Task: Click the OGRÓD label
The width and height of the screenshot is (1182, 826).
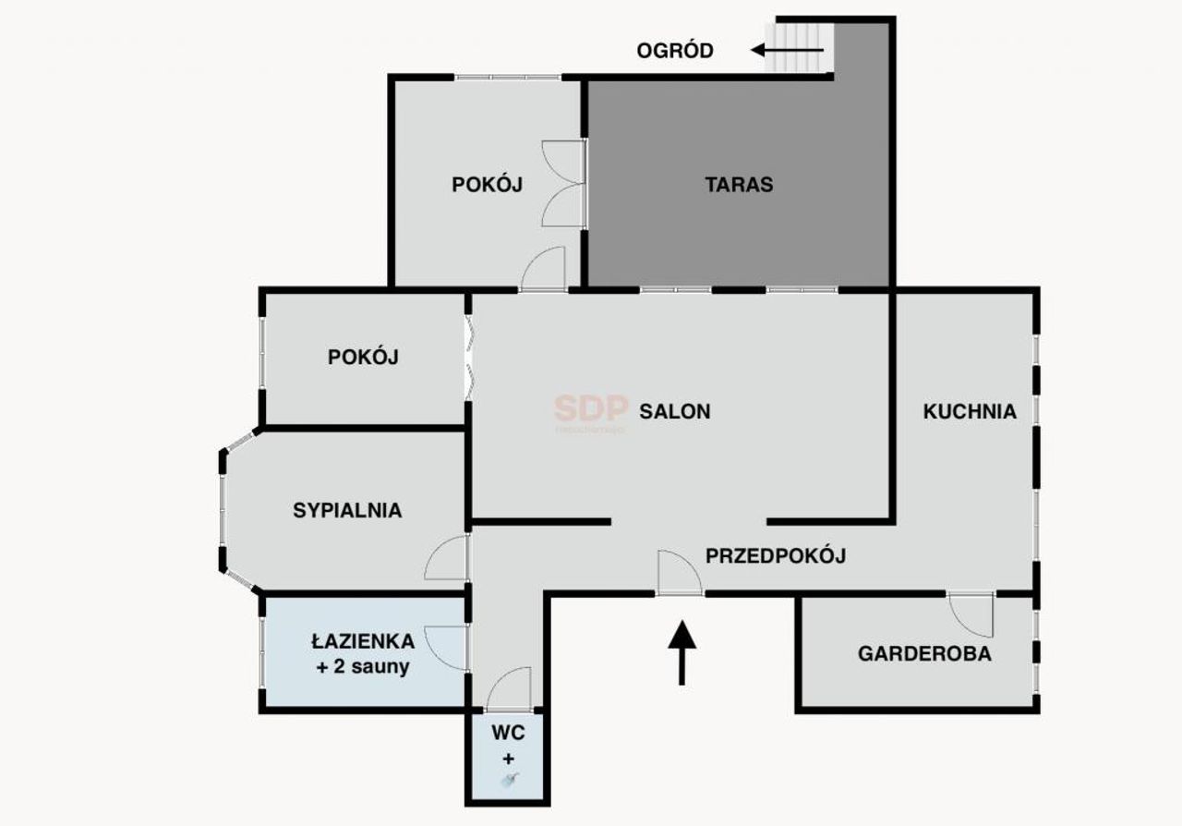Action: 675,51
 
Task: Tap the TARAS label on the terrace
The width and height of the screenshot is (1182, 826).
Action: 739,184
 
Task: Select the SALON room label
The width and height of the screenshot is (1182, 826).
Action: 675,411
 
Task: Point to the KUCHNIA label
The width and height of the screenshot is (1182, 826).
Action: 970,411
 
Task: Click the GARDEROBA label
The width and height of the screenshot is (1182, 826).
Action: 924,654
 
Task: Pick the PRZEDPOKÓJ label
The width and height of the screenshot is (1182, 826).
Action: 776,555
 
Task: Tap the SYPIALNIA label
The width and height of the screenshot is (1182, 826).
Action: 347,510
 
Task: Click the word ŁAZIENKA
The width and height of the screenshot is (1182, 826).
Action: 363,641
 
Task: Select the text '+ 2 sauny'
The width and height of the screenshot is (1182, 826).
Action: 363,666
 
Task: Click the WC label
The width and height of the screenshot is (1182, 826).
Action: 508,733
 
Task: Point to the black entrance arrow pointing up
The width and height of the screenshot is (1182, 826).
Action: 682,653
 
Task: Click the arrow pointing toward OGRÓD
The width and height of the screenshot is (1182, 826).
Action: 787,50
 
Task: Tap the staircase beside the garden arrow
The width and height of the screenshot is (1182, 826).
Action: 799,47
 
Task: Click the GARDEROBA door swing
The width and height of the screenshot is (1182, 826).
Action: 971,615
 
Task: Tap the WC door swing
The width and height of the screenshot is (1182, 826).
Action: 509,688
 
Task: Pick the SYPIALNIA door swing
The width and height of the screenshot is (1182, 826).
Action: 446,558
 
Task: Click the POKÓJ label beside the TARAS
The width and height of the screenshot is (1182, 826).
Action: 487,184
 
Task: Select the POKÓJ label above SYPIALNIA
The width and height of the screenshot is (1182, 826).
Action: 363,357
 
